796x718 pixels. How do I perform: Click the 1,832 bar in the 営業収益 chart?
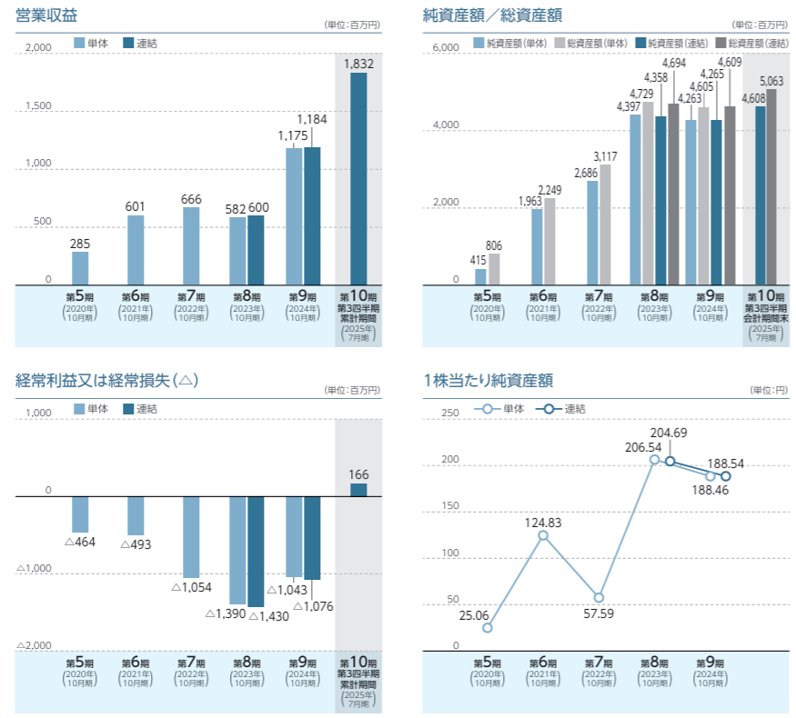358,179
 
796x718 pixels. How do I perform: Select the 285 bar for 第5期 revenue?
80,268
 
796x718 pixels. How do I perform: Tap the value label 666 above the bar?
191,199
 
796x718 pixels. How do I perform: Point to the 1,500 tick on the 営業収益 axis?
37,106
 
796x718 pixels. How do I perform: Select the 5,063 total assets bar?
771,187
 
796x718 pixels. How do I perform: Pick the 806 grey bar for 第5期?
494,269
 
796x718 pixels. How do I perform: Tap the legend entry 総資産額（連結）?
751,43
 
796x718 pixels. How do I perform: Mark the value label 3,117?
605,155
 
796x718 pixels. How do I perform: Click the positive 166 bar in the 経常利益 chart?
358,490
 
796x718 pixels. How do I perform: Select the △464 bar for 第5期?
80,514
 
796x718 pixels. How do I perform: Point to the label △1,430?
267,617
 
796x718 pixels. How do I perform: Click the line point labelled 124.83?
543,536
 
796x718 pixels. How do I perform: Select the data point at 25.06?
488,628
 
